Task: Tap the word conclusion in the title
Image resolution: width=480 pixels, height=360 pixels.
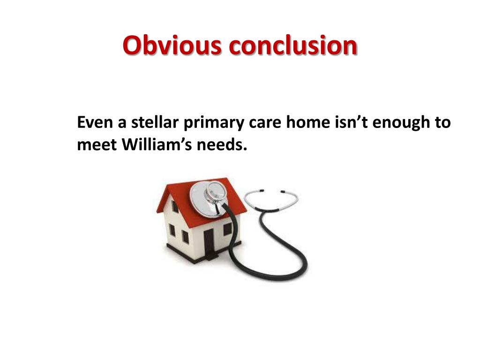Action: tap(292, 46)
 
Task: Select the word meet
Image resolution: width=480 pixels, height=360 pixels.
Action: tap(97, 145)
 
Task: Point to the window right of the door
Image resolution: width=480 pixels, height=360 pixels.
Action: tap(227, 229)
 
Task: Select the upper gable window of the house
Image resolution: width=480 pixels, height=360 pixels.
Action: tap(175, 206)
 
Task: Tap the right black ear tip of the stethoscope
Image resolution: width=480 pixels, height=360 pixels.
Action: tap(283, 191)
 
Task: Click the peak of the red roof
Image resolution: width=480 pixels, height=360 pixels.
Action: tap(226, 179)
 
